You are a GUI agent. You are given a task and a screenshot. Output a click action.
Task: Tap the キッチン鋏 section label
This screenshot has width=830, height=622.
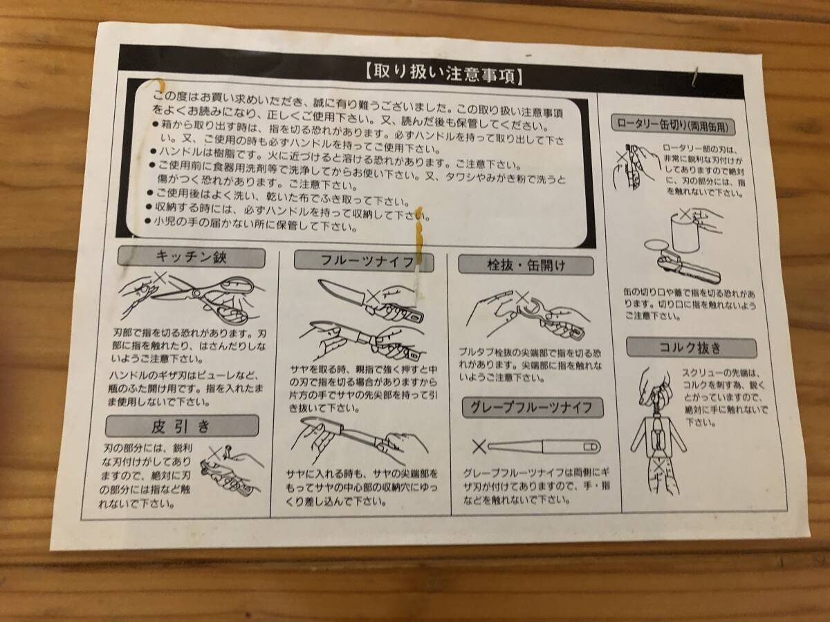tap(191, 257)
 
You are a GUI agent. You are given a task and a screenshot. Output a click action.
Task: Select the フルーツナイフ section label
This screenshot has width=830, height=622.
tap(364, 261)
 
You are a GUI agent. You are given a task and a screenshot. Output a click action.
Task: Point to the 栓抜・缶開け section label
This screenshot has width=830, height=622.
tap(526, 265)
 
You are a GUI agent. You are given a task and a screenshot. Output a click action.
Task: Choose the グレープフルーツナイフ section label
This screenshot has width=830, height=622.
tap(533, 408)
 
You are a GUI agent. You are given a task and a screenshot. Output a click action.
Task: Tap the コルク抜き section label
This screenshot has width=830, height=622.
tap(691, 348)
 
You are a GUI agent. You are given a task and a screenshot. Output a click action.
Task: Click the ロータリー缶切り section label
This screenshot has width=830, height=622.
tap(673, 125)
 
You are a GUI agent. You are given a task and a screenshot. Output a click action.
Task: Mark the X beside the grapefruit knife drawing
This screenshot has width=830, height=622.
tap(479, 447)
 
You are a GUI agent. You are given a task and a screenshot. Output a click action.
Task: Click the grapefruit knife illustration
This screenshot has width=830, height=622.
tap(544, 446)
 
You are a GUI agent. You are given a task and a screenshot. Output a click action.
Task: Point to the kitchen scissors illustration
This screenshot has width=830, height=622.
tap(191, 299)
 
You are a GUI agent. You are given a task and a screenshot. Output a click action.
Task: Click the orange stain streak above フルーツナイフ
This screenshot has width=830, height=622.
tap(418, 242)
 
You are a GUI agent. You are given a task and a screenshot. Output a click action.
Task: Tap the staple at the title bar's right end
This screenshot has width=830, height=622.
tap(695, 77)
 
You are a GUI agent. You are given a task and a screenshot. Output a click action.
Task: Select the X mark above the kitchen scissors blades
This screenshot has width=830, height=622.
tap(160, 279)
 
